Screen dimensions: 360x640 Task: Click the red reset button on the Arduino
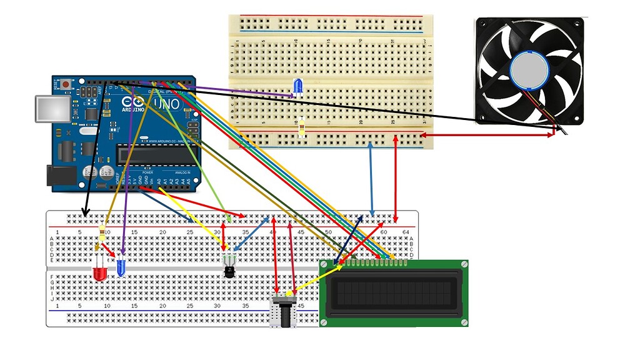pos(66,82)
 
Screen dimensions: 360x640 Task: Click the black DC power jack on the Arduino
pos(57,175)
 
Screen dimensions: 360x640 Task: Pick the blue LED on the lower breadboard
pos(121,268)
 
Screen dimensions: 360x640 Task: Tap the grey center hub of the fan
pos(529,70)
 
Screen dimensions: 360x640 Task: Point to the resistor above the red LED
pos(102,235)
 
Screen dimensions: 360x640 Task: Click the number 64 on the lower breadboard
pos(406,232)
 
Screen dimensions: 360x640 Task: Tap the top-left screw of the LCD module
pos(324,264)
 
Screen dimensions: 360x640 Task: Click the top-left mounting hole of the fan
pos(484,26)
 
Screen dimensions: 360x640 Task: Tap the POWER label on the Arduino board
pos(147,172)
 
